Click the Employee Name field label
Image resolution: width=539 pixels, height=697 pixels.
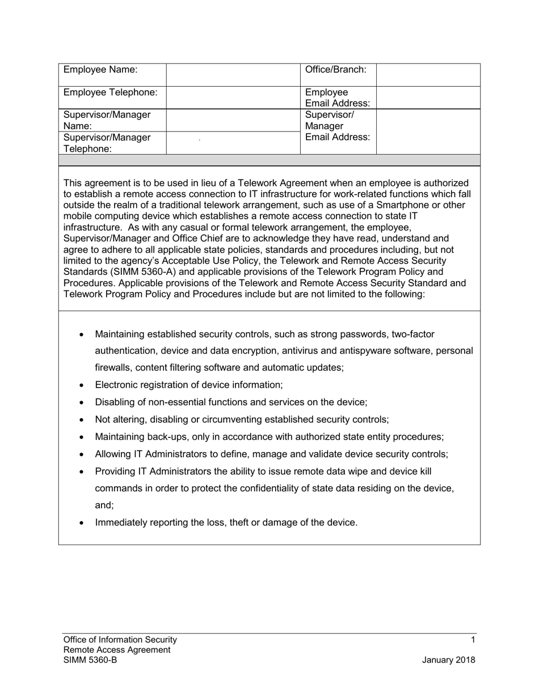click(100, 70)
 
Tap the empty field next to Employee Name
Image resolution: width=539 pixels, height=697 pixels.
click(233, 74)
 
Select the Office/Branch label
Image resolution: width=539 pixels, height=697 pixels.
click(336, 70)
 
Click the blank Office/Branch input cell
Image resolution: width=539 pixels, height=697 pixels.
click(428, 74)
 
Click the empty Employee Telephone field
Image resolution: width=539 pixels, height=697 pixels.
click(233, 97)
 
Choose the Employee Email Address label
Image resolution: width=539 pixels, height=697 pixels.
click(338, 97)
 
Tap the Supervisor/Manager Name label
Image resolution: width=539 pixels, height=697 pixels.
click(107, 120)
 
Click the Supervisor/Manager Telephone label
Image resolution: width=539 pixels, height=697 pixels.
click(107, 143)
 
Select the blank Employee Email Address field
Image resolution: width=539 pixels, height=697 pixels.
click(428, 97)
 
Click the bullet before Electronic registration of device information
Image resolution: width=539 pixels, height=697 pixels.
click(82, 385)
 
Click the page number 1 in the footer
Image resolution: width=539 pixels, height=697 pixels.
click(473, 640)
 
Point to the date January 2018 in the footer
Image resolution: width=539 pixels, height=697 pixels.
click(448, 660)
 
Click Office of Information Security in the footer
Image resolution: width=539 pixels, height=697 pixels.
click(120, 640)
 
